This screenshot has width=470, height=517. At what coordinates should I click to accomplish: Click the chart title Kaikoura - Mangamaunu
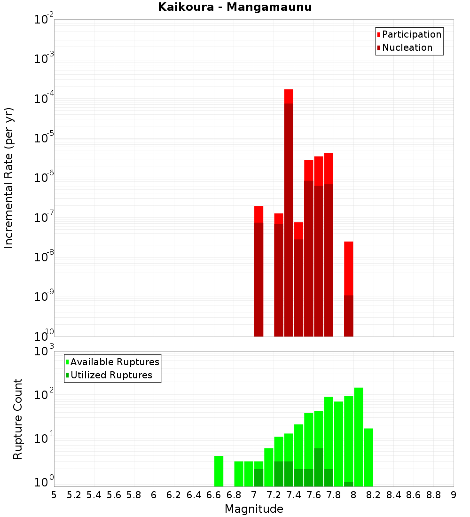[235, 7]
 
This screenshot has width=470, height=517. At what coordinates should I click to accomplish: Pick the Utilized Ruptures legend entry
[111, 375]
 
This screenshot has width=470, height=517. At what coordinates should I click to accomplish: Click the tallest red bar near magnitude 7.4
[289, 211]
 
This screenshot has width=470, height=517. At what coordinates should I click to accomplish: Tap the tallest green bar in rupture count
[359, 437]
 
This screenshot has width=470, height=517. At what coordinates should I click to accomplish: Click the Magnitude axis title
[254, 509]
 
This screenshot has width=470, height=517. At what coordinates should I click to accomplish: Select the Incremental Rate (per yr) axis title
[9, 178]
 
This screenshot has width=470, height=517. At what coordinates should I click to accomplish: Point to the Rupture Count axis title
[17, 418]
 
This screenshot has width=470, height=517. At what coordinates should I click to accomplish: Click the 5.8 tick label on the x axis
[134, 495]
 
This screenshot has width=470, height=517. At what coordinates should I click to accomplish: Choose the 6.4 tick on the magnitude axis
[194, 495]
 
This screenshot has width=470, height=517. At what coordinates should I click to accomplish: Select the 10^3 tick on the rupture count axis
[45, 352]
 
